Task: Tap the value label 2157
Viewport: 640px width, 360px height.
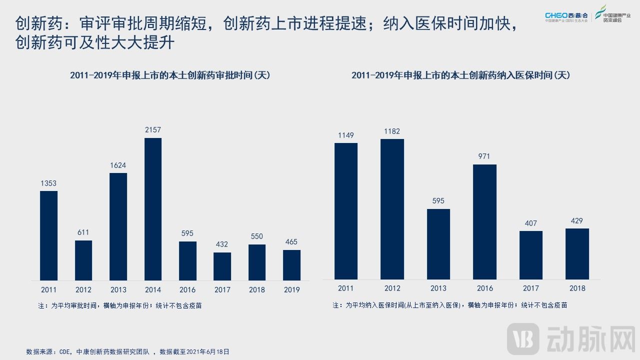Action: click(153, 130)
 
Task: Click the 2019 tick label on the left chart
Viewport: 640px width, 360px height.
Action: click(291, 289)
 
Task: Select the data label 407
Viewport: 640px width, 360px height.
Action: click(530, 223)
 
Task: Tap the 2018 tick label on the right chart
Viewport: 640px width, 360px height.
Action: click(577, 288)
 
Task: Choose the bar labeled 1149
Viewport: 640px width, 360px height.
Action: click(346, 211)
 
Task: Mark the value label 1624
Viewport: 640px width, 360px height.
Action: click(118, 165)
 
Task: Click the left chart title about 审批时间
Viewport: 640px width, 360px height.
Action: click(170, 75)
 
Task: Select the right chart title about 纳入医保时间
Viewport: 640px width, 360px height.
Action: click(460, 75)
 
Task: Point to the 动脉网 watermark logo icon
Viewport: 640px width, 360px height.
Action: click(523, 338)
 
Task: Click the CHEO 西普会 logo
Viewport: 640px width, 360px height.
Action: click(566, 17)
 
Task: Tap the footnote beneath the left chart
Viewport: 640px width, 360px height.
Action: click(120, 305)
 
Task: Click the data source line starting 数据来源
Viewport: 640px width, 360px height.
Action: click(127, 351)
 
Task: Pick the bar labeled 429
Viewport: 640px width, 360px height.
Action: click(577, 253)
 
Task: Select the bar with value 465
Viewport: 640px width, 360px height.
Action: click(291, 265)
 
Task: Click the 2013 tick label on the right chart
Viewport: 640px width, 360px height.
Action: click(438, 288)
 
